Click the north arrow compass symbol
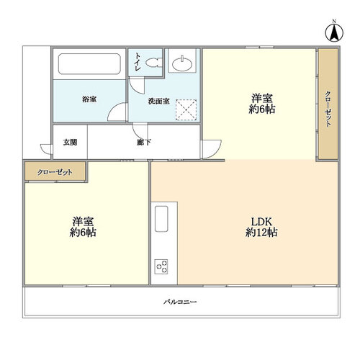point(334,32)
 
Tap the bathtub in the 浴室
point(89,64)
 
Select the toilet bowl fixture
point(153,63)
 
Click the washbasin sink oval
point(182,64)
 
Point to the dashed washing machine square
point(186,109)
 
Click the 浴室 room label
point(89,99)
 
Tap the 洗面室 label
point(159,101)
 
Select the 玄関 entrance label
point(70,143)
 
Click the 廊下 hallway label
point(144,143)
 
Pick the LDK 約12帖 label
point(261,227)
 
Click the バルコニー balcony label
point(180,302)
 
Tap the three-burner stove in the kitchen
point(161,266)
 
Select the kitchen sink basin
point(161,219)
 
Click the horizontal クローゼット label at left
point(55,172)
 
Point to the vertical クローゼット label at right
point(328,109)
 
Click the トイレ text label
point(138,62)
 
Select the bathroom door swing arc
point(117,112)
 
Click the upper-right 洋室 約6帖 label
point(262,104)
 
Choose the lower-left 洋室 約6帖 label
point(83,227)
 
